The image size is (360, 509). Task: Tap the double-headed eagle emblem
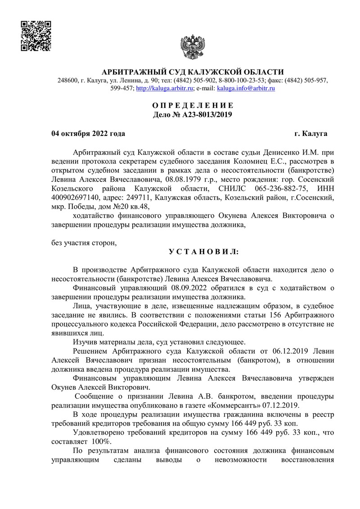point(193,45)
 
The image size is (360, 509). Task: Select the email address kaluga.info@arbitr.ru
point(246,89)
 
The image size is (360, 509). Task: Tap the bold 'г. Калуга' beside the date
point(311,134)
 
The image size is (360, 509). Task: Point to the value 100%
point(102,441)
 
